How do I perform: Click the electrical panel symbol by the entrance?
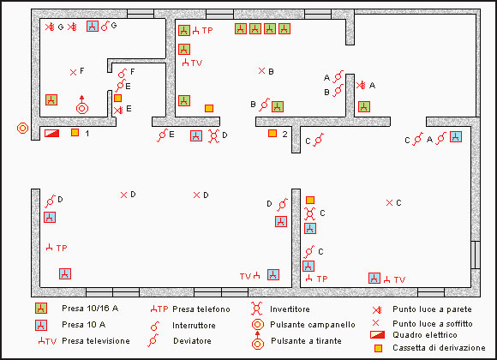[x=51, y=133]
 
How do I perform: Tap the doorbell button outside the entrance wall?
[x=22, y=128]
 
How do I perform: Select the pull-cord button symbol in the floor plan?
[x=82, y=105]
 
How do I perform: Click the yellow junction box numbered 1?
[x=75, y=132]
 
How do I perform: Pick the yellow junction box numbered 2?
[x=272, y=133]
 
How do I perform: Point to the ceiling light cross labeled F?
[x=73, y=73]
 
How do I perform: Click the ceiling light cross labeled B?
[x=261, y=71]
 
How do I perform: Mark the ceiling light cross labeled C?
[x=390, y=202]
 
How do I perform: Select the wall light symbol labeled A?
[x=361, y=85]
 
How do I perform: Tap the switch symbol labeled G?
[x=105, y=26]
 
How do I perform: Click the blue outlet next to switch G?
[x=93, y=26]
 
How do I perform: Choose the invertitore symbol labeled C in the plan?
[x=309, y=213]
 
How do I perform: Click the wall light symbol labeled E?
[x=118, y=110]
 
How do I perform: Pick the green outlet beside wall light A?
[x=364, y=106]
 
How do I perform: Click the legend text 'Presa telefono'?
[x=201, y=309]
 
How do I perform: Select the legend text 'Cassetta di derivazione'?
[x=439, y=348]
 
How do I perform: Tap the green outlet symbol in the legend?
[x=41, y=309]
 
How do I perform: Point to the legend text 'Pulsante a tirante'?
[x=306, y=341]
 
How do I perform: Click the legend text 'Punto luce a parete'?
[x=432, y=309]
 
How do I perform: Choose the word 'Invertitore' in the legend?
[x=290, y=309]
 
